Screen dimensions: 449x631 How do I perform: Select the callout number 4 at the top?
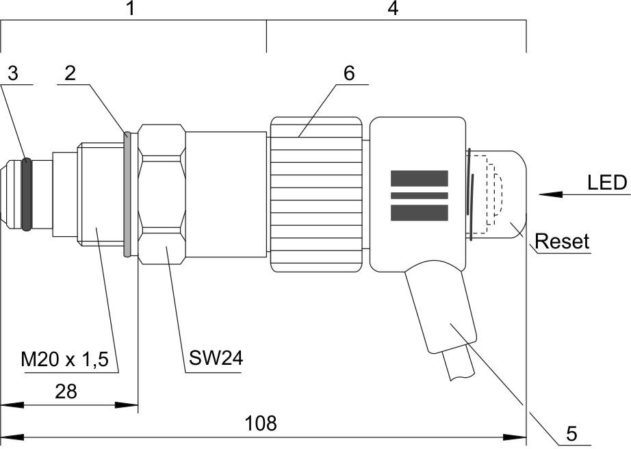tap(392, 10)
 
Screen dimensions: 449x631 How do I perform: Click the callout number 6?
tap(349, 73)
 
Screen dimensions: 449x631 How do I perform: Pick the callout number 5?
tap(572, 433)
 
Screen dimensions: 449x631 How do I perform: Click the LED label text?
tap(607, 183)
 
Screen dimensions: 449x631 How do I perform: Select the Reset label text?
tap(562, 242)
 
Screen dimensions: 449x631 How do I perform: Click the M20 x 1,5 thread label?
tap(65, 359)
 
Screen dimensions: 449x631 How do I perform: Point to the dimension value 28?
tap(66, 392)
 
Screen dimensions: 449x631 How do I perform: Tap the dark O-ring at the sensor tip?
tap(27, 194)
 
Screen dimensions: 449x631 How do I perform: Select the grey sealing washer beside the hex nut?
tap(127, 194)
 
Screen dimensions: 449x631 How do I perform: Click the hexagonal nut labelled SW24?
tap(162, 194)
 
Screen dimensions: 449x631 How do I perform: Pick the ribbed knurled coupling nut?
tap(315, 194)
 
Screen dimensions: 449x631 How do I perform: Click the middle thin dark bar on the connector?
tap(419, 195)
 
